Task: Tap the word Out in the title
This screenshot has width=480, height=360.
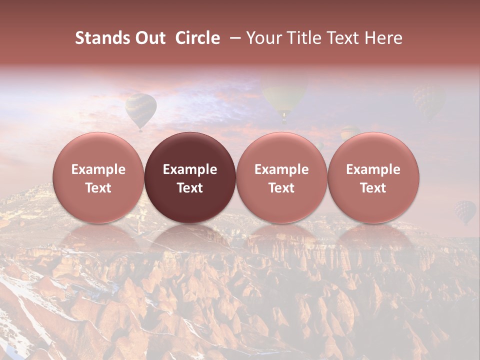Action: [x=150, y=38]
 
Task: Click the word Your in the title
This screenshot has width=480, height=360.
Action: [x=263, y=38]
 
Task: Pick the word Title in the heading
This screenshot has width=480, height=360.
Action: [x=301, y=38]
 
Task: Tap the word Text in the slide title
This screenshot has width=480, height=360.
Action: [x=341, y=38]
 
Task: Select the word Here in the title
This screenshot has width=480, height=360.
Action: [x=383, y=38]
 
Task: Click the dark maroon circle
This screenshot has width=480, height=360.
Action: [x=190, y=177]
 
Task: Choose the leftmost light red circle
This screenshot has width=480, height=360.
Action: [x=98, y=177]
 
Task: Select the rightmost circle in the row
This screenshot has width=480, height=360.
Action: [x=373, y=177]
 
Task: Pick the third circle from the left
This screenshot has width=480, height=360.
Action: [x=281, y=177]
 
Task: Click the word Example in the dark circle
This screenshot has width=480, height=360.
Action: [x=190, y=169]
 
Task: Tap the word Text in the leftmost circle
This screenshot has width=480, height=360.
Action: [x=98, y=188]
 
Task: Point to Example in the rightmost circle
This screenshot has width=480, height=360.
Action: [x=373, y=169]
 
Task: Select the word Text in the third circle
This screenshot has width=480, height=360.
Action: [x=281, y=188]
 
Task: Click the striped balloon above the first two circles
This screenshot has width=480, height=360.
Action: [x=140, y=109]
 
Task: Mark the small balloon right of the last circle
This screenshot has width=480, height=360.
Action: [x=464, y=211]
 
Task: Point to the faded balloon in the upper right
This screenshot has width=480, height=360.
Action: [x=428, y=100]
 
